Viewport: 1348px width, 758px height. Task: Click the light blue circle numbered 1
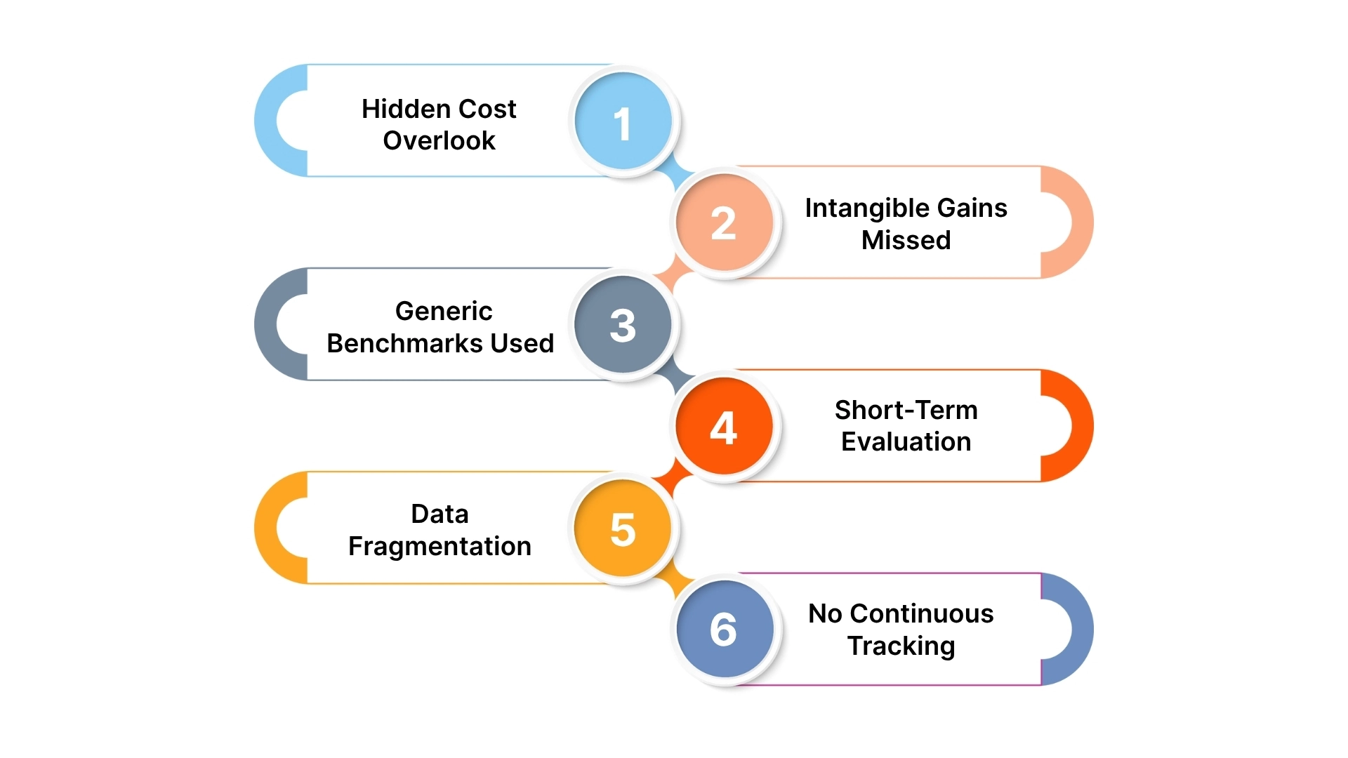click(623, 121)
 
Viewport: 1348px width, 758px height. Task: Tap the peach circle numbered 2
click(724, 222)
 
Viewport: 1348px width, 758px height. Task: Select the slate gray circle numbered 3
click(623, 324)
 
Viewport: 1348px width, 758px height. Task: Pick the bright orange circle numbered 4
click(724, 426)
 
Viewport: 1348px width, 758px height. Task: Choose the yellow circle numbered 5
click(623, 528)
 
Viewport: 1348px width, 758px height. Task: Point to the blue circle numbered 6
click(724, 629)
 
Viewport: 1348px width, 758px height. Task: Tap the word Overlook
click(439, 141)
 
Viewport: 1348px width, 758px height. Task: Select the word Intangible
click(866, 208)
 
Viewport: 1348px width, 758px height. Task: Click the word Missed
click(906, 241)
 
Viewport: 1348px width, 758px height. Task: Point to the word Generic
click(444, 311)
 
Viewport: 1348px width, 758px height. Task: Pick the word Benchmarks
click(404, 344)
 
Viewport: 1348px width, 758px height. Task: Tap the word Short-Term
click(906, 410)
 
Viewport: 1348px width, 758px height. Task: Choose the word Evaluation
click(906, 442)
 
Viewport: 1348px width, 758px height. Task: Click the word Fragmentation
click(440, 547)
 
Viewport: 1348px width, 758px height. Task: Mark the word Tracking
click(901, 646)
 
